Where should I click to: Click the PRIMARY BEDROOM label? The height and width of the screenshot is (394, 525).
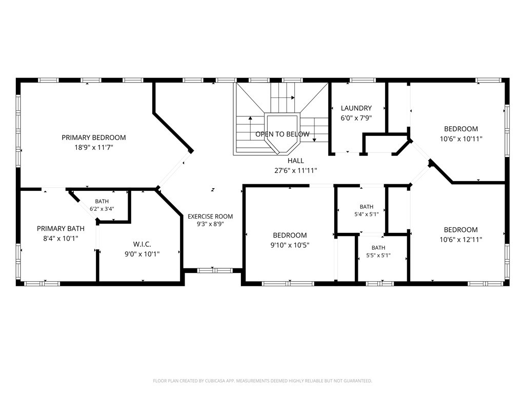pyautogui.click(x=94, y=137)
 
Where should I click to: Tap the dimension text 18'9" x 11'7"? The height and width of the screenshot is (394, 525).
pyautogui.click(x=94, y=147)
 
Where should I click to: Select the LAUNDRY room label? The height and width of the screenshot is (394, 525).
pyautogui.click(x=356, y=108)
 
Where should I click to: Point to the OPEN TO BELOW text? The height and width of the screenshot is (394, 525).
pyautogui.click(x=282, y=134)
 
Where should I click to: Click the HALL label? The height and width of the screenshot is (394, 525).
pyautogui.click(x=296, y=161)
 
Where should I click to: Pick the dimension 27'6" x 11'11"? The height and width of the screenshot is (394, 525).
pyautogui.click(x=296, y=170)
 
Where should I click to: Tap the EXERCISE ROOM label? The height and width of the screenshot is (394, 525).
pyautogui.click(x=210, y=216)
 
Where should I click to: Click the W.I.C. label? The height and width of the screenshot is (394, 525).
pyautogui.click(x=142, y=244)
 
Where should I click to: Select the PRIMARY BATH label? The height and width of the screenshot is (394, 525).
pyautogui.click(x=60, y=228)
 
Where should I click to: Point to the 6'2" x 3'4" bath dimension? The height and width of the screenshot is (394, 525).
pyautogui.click(x=102, y=209)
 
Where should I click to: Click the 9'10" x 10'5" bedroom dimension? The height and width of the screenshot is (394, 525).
pyautogui.click(x=290, y=245)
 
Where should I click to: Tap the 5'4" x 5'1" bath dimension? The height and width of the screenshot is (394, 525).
pyautogui.click(x=367, y=214)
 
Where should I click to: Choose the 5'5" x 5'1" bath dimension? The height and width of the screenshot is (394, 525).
pyautogui.click(x=378, y=255)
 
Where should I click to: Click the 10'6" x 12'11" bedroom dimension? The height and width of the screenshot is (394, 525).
pyautogui.click(x=461, y=240)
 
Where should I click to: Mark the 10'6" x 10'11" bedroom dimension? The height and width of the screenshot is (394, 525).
pyautogui.click(x=461, y=139)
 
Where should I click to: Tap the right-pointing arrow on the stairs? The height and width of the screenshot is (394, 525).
pyautogui.click(x=283, y=98)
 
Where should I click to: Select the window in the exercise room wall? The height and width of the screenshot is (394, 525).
pyautogui.click(x=215, y=270)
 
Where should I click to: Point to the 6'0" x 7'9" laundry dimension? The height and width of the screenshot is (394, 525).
pyautogui.click(x=356, y=118)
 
